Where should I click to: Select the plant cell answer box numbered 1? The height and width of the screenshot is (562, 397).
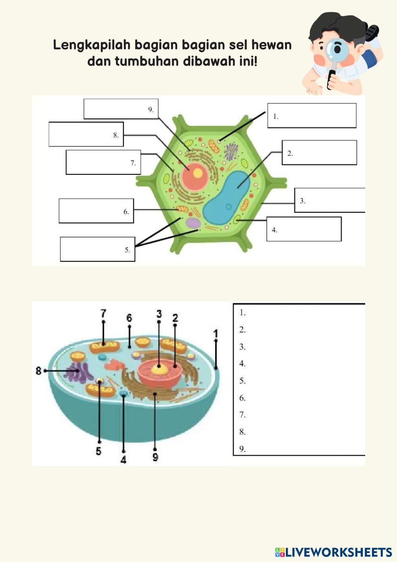pos(312,116)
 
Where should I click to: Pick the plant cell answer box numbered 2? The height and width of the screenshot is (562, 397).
pos(319,153)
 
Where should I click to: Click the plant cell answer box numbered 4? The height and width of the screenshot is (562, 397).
pos(304,229)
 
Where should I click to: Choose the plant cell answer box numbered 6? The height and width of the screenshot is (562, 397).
pos(96,211)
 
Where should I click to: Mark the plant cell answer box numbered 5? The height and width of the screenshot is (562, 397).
pos(97,249)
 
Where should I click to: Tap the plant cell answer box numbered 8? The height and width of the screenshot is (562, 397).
pos(86,134)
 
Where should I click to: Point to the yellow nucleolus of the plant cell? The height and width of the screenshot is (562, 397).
pos(197,173)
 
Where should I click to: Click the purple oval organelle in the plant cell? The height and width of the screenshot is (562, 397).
pos(193,223)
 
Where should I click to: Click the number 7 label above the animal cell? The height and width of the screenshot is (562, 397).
pos(103,313)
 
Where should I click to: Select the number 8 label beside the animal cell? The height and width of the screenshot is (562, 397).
pos(39,371)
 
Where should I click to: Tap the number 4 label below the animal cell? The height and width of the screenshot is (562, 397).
pos(123,460)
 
